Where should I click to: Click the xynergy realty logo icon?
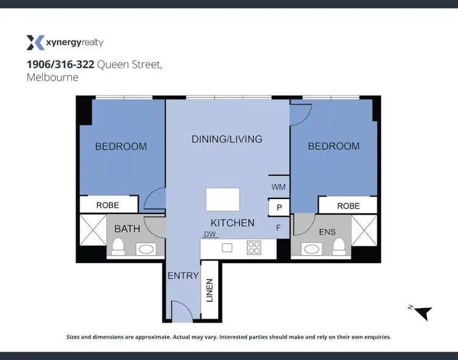pyautogui.click(x=35, y=42)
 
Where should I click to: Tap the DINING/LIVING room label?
pyautogui.click(x=227, y=139)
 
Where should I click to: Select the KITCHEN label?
pyautogui.click(x=232, y=223)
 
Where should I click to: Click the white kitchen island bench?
pyautogui.click(x=223, y=199)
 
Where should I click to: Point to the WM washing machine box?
pyautogui.click(x=278, y=187)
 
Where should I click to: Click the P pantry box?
pyautogui.click(x=279, y=207)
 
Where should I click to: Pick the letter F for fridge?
pyautogui.click(x=278, y=228)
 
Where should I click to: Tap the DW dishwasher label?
pyautogui.click(x=211, y=234)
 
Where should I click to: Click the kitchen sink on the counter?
pyautogui.click(x=227, y=248)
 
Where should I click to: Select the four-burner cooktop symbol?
pyautogui.click(x=253, y=247)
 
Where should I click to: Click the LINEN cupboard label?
pyautogui.click(x=210, y=290)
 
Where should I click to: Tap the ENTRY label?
pyautogui.click(x=183, y=276)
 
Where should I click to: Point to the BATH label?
pyautogui.click(x=127, y=229)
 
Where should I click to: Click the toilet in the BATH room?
pyautogui.click(x=118, y=247)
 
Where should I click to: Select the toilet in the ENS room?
pyautogui.click(x=338, y=247)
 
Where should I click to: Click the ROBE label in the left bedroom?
pyautogui.click(x=107, y=205)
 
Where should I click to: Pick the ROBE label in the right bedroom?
pyautogui.click(x=348, y=206)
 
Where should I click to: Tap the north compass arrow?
pyautogui.click(x=424, y=313)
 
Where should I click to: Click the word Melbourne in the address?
pyautogui.click(x=53, y=77)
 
